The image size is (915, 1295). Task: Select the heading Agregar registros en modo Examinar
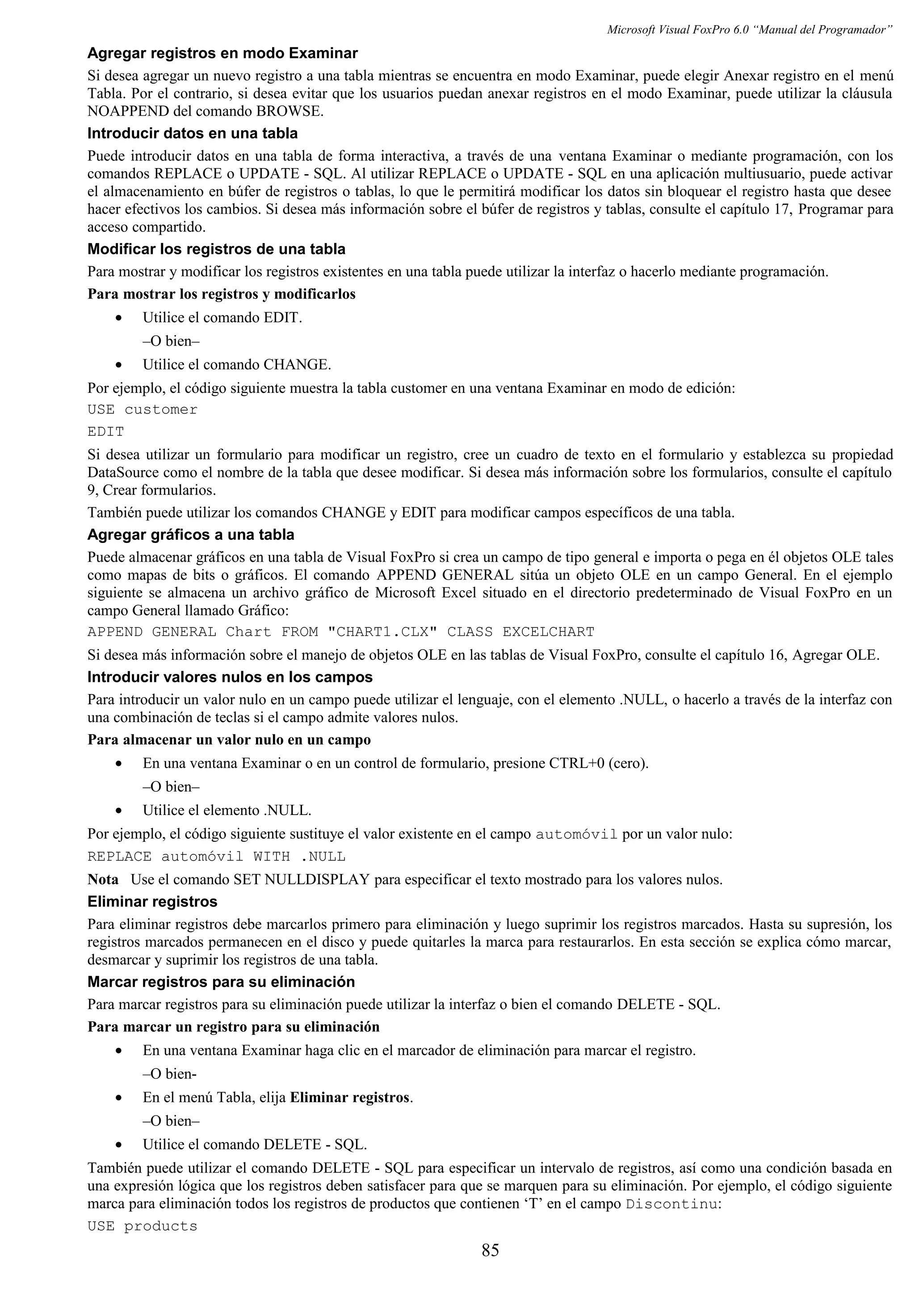[222, 54]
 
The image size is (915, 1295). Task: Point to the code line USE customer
[142, 410]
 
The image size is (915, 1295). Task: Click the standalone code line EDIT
[105, 433]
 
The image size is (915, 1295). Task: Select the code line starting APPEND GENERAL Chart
[340, 632]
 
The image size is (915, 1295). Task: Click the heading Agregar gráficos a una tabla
[191, 535]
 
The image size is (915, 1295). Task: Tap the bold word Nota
[103, 879]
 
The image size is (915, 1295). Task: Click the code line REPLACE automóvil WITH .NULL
[217, 857]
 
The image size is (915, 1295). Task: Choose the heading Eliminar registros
[152, 902]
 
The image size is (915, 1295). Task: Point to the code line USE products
[142, 1227]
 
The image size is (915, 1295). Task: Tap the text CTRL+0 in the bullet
[577, 764]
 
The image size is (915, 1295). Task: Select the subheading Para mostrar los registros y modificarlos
[221, 294]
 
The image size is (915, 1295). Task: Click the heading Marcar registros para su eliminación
[221, 982]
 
